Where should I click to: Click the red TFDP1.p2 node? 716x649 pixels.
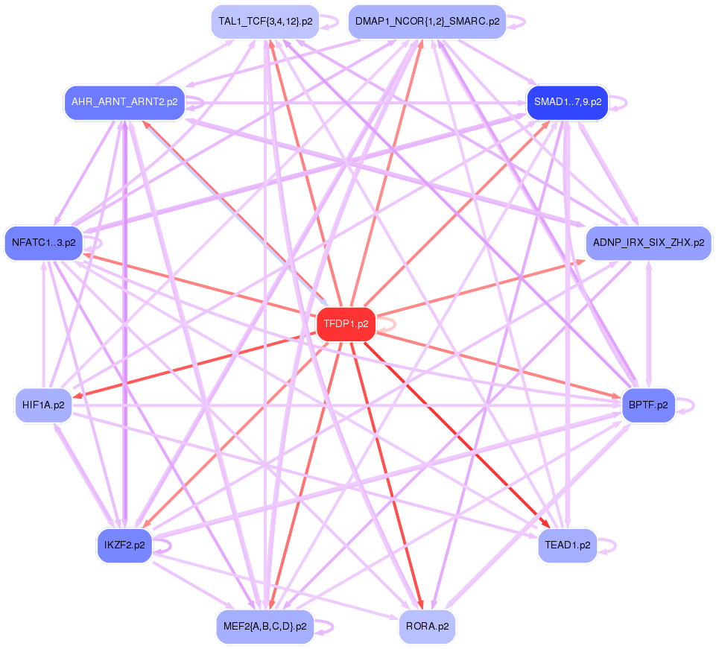(x=346, y=324)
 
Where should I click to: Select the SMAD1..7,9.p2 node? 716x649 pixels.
(x=567, y=102)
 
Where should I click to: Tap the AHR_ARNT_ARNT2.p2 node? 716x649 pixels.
(x=124, y=102)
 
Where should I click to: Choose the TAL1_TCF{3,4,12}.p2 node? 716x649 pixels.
(x=265, y=22)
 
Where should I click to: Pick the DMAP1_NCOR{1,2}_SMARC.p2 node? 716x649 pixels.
(x=427, y=22)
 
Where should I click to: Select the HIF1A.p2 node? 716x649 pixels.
(x=43, y=405)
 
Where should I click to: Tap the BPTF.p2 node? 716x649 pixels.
(x=648, y=405)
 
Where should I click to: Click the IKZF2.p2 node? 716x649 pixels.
(x=124, y=545)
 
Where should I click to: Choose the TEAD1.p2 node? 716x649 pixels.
(x=567, y=545)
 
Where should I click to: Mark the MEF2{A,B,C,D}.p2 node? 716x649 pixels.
(x=265, y=627)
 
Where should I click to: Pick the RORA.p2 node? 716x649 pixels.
(x=427, y=627)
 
